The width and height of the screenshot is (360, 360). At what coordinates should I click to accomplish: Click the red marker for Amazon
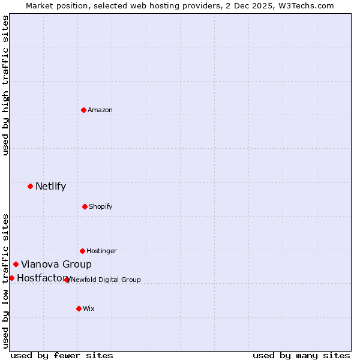tap(83, 110)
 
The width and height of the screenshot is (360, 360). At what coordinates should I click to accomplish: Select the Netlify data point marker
tap(30, 186)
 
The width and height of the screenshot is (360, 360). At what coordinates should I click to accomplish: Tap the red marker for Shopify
tap(85, 206)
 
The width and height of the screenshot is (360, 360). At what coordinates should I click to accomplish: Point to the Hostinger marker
tap(82, 251)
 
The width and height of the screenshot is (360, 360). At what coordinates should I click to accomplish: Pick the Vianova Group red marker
tap(16, 264)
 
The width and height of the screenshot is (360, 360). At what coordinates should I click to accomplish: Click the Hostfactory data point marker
tap(11, 278)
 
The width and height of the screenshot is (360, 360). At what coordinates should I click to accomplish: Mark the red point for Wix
tap(79, 308)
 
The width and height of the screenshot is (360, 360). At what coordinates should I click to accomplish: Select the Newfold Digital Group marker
tap(67, 280)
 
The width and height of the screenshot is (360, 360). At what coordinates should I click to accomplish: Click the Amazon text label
tap(100, 110)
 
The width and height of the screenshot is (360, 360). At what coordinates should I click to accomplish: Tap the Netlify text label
tap(50, 186)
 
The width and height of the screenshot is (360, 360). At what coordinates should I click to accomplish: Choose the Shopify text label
tap(101, 206)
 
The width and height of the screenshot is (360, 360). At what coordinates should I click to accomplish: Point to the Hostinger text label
tap(101, 251)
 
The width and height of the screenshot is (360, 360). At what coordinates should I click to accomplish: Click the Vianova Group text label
tap(56, 264)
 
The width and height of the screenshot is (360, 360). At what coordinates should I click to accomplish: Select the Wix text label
tap(89, 308)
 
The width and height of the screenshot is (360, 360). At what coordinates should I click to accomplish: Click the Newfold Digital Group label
tap(106, 280)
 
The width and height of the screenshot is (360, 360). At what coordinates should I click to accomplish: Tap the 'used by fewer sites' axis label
tap(62, 355)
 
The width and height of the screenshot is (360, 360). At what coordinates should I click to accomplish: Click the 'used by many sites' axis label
tap(301, 355)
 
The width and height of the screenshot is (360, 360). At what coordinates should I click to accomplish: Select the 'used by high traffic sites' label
tap(6, 85)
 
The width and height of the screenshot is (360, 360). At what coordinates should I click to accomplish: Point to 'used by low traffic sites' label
tap(6, 280)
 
